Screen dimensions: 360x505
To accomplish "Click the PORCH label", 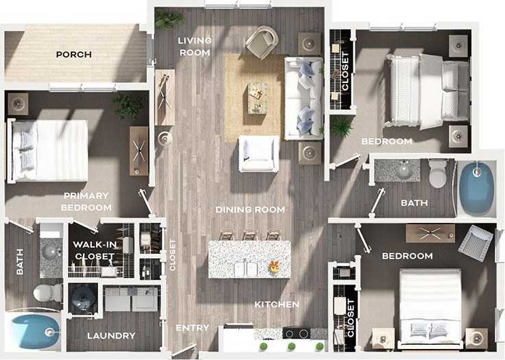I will (x=74, y=55).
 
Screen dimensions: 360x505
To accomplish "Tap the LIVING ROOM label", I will (x=195, y=46).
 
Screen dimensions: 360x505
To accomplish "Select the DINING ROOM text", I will (x=250, y=209).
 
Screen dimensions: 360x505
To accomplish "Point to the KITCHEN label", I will (x=277, y=304).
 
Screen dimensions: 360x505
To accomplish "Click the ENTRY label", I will (x=192, y=328).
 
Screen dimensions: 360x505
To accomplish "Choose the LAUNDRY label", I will (x=110, y=335).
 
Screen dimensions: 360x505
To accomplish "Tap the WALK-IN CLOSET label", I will (x=93, y=252).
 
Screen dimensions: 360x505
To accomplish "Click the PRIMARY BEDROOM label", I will (x=86, y=201).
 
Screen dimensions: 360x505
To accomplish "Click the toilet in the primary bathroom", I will (x=47, y=293).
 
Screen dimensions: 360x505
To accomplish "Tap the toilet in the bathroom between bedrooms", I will (x=438, y=174).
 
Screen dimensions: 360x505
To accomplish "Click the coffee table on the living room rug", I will (x=257, y=97).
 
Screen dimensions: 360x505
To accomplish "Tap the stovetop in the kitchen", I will (x=296, y=334).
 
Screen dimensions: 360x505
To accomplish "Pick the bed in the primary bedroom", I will (x=49, y=150).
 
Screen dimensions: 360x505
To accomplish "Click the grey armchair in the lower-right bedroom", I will (x=475, y=242).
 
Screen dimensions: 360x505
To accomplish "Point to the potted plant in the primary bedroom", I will (x=128, y=106).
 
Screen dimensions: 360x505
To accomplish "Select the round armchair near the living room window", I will (x=261, y=42).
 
